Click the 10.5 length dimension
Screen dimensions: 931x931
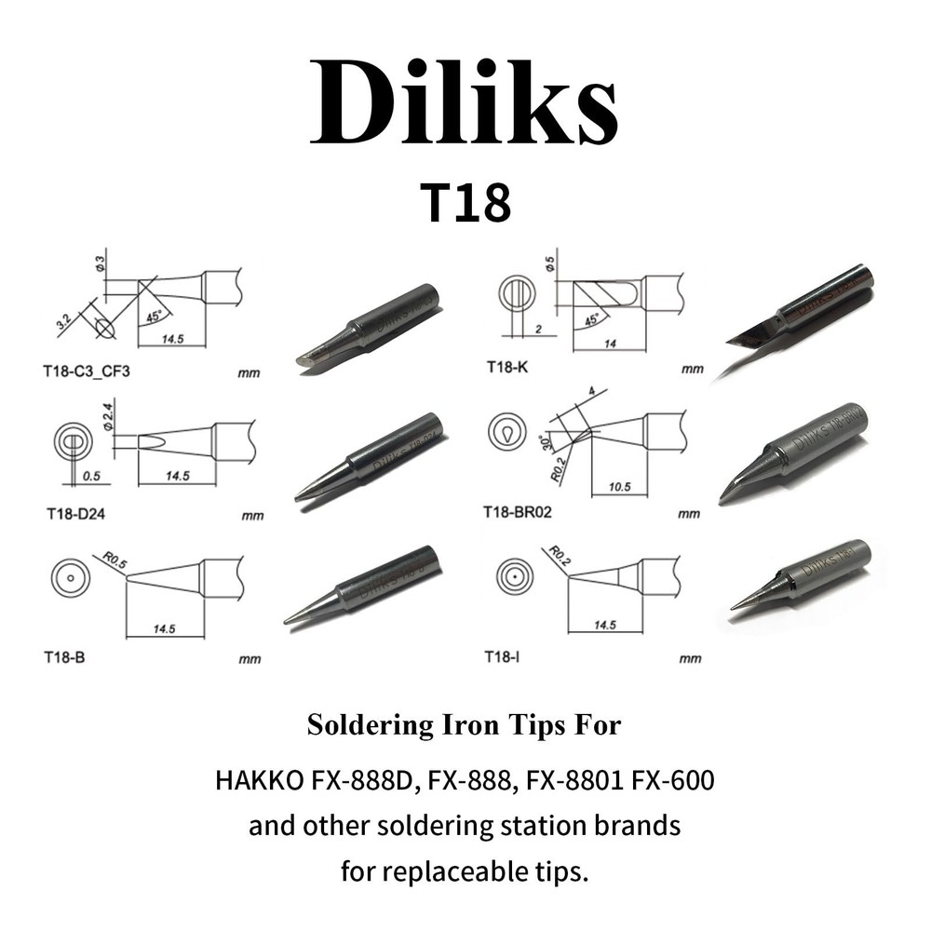(612, 487)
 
